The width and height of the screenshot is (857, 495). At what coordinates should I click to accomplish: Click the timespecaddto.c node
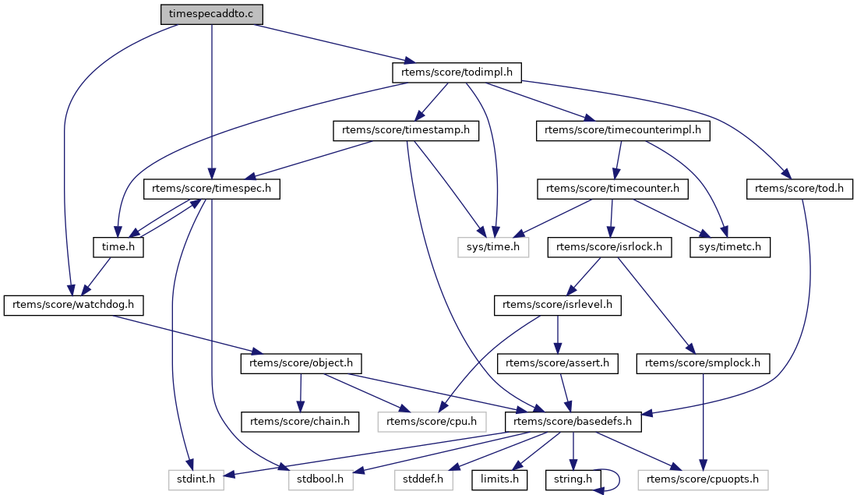[x=211, y=15]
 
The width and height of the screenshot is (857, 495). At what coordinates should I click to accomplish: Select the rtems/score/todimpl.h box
[x=456, y=72]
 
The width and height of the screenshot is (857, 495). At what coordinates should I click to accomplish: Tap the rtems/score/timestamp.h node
[x=406, y=130]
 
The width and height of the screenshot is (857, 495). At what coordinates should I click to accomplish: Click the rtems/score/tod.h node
[x=799, y=188]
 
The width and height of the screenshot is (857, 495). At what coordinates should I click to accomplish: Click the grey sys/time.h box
[x=492, y=247]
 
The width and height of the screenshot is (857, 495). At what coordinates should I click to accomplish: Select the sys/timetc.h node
[x=730, y=247]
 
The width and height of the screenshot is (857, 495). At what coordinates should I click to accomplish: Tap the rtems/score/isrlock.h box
[x=609, y=247]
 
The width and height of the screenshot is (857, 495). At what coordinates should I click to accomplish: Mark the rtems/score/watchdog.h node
[x=75, y=305]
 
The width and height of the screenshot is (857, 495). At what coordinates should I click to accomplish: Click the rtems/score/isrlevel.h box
[x=558, y=305]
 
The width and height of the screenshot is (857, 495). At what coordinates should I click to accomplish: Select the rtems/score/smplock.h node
[x=704, y=362]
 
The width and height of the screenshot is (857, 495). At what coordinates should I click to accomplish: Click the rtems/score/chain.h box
[x=301, y=422]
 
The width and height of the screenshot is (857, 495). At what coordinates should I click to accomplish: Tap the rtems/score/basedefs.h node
[x=573, y=422]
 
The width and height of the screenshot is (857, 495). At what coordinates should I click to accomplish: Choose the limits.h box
[x=499, y=479]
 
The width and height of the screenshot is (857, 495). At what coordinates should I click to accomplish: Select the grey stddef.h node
[x=424, y=479]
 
